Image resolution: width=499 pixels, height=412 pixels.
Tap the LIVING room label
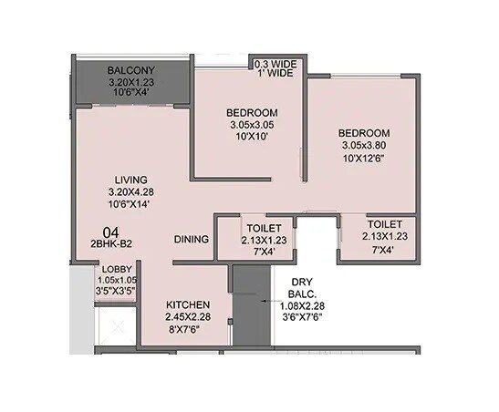point(131,179)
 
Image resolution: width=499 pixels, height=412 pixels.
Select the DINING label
point(192,239)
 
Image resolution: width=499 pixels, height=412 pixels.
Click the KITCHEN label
point(189,304)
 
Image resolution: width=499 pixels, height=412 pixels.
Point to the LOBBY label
point(116,269)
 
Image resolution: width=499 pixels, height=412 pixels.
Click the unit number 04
point(110,232)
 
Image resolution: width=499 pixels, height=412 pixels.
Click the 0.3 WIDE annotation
point(275,63)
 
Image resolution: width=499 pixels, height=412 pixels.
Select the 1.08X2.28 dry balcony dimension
point(302,306)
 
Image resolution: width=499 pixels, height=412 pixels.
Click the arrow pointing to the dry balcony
point(264,299)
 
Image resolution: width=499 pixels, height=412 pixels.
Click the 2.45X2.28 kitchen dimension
point(189,316)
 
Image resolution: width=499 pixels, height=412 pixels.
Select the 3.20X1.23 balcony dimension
point(132,82)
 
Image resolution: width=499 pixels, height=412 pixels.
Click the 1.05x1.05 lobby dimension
point(116,281)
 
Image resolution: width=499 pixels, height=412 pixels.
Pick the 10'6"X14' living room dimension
point(131,204)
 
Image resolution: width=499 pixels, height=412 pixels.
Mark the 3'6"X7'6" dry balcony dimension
point(302,318)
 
